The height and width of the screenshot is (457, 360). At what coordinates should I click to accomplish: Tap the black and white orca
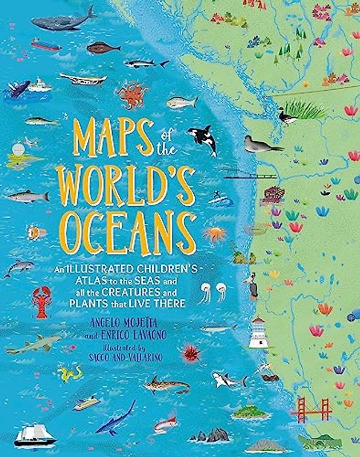coord(203,139)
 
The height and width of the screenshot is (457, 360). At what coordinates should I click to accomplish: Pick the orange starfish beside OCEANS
coord(214,234)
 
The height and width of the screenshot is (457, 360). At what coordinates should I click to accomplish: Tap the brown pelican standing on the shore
coord(251,285)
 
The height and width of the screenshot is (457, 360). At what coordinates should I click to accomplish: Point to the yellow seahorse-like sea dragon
coord(70,374)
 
